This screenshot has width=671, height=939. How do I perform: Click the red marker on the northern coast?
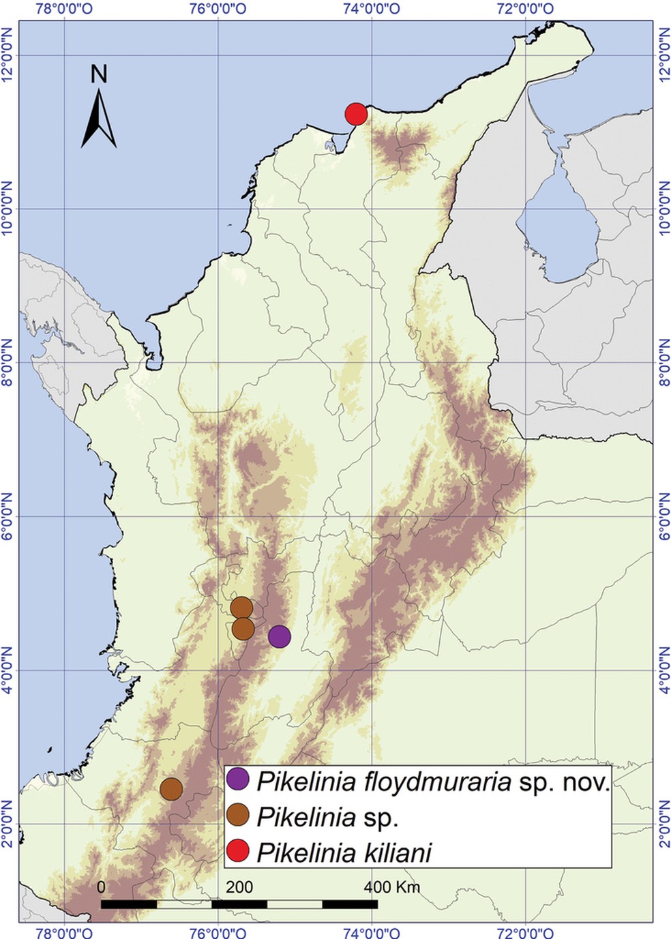tap(356, 115)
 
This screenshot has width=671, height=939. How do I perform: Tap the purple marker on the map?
tap(280, 636)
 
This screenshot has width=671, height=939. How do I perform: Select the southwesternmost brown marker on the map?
tap(171, 788)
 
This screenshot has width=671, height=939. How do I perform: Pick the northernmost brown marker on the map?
tap(241, 607)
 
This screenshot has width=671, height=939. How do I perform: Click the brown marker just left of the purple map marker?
tap(243, 629)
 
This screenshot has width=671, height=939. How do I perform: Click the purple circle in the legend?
tap(238, 779)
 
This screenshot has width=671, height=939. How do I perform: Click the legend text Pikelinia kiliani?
tap(344, 852)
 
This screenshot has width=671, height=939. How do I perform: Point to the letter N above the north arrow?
tap(100, 74)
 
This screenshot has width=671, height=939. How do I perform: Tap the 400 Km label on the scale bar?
tap(391, 887)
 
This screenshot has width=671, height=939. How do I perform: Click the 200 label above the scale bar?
tap(239, 887)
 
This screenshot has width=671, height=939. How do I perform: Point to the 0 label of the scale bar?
tap(101, 887)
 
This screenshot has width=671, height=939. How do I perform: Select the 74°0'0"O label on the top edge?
tap(372, 9)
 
